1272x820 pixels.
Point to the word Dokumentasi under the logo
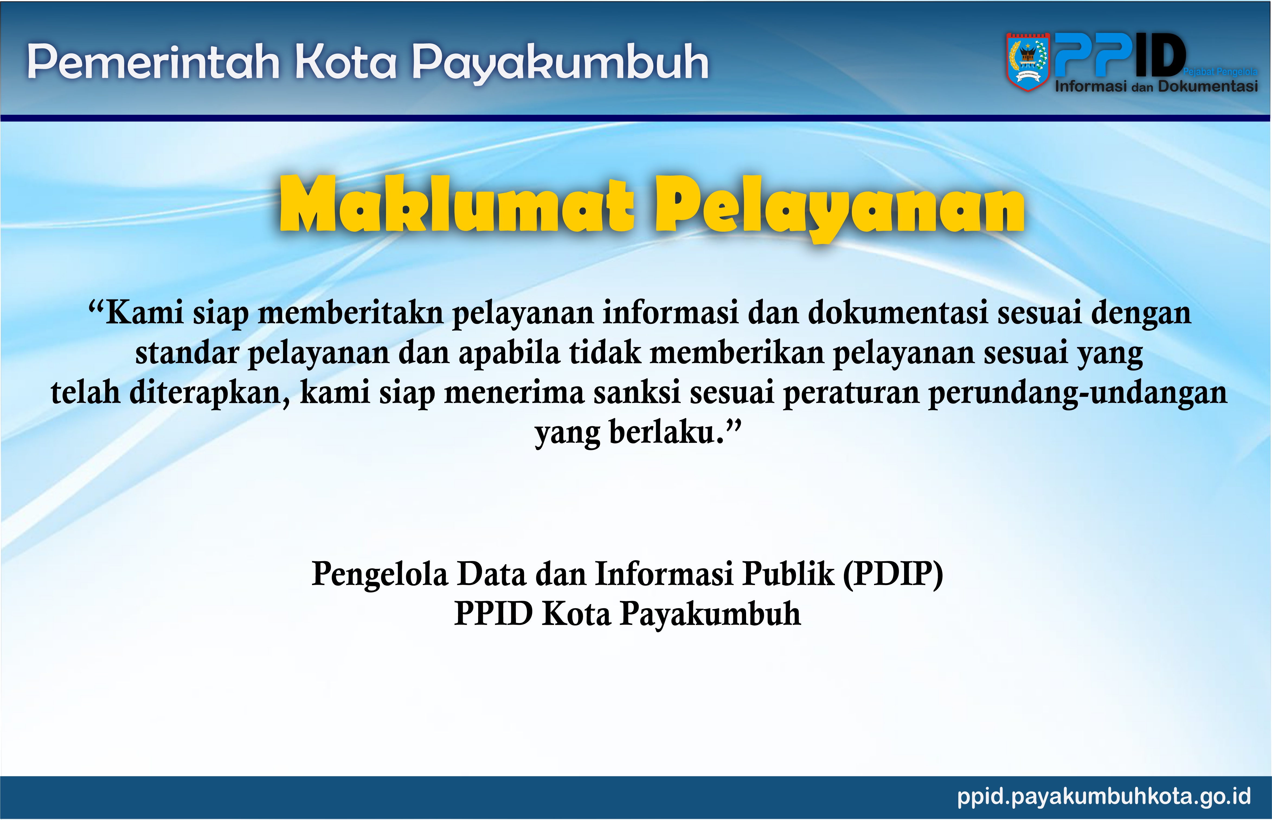tap(1208, 86)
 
